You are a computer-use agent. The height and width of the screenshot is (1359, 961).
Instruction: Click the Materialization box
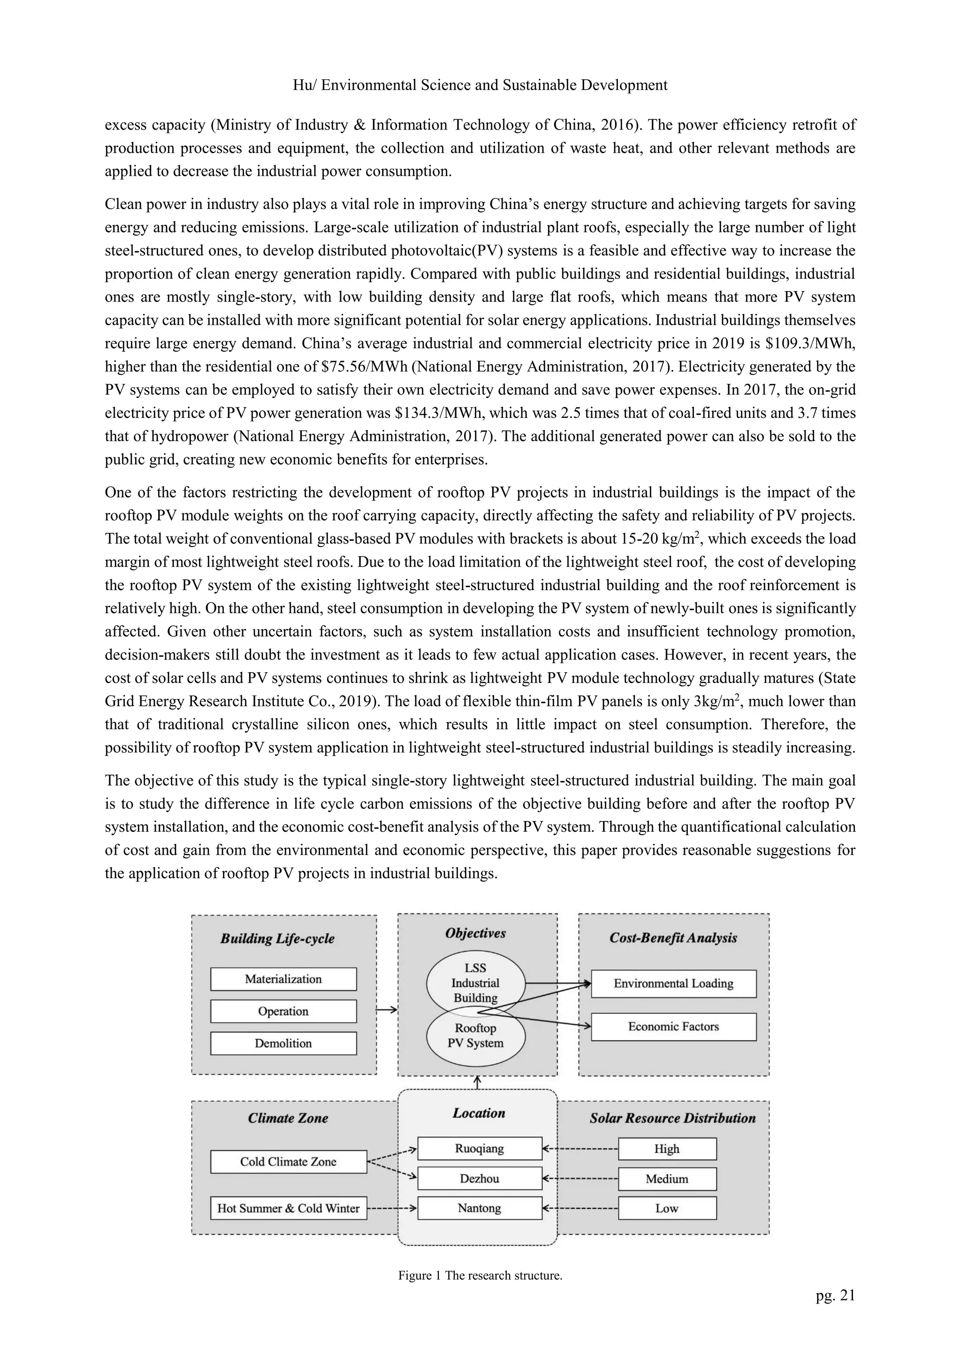tap(283, 979)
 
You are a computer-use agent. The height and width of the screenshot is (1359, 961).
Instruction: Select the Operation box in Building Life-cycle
tap(283, 1011)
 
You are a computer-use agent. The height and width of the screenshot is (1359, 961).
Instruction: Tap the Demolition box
tap(283, 1043)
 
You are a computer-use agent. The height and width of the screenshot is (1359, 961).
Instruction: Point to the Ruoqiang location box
tap(479, 1148)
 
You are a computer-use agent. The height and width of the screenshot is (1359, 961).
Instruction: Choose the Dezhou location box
tap(479, 1178)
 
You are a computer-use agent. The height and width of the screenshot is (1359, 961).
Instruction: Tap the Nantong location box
tap(479, 1208)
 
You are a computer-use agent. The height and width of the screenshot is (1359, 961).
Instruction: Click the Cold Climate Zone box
tap(288, 1161)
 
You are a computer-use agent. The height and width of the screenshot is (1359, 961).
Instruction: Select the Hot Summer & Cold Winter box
tap(288, 1208)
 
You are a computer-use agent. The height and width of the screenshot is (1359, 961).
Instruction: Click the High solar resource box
tap(667, 1149)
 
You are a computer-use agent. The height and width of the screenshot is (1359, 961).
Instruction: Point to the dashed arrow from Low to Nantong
tap(580, 1208)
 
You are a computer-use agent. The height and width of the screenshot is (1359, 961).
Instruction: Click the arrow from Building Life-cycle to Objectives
tap(386, 1010)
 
